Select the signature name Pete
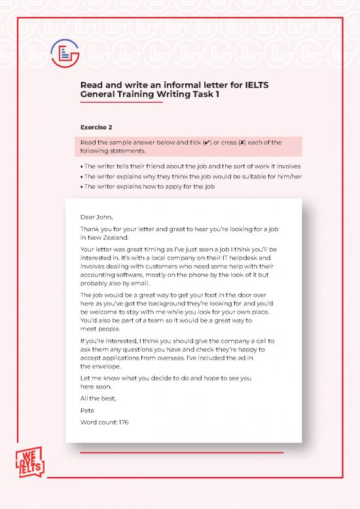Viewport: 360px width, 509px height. click(x=87, y=410)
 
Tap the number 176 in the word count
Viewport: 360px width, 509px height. click(x=124, y=423)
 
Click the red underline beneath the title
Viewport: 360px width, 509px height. click(x=121, y=103)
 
